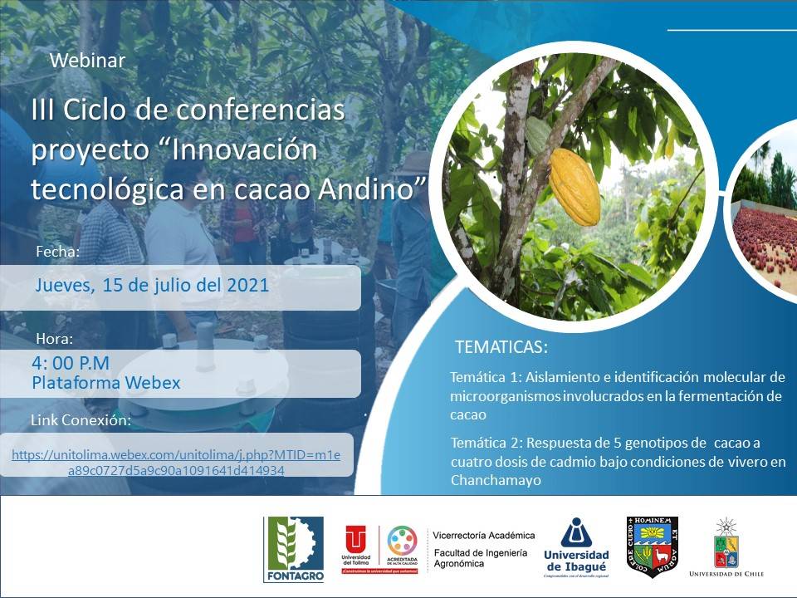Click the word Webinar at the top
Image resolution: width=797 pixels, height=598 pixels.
tap(87, 61)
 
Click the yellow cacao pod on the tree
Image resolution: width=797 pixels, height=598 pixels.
tap(575, 187)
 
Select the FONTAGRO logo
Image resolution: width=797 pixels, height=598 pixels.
tap(293, 547)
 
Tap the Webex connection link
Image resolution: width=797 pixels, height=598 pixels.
tap(176, 463)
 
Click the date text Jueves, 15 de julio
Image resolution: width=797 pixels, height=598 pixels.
tap(152, 285)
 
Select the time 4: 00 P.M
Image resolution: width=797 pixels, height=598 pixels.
tap(71, 363)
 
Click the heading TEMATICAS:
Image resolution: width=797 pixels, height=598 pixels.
tap(501, 346)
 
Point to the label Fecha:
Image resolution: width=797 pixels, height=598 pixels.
tap(58, 251)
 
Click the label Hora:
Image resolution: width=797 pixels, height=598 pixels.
tap(55, 339)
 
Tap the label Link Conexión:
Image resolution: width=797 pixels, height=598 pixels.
tap(81, 420)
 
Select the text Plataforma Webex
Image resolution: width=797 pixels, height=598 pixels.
tap(105, 383)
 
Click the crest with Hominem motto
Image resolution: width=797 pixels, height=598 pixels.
tap(652, 547)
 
